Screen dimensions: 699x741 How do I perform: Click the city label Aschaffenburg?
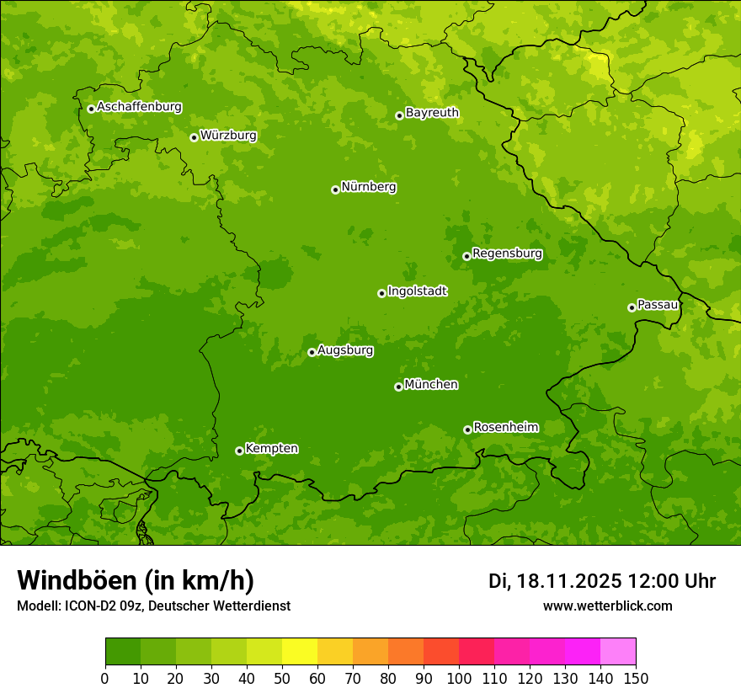(x=139, y=107)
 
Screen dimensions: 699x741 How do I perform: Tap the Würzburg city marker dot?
(x=194, y=137)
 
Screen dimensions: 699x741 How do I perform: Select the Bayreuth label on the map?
(x=432, y=113)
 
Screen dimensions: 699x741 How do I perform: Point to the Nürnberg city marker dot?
(x=335, y=189)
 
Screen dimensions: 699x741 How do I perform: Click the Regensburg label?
(x=507, y=253)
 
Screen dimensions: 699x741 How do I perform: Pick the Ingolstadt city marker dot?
(x=381, y=293)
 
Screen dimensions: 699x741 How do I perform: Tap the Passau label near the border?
(x=658, y=305)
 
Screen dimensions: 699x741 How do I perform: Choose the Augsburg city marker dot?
(x=312, y=352)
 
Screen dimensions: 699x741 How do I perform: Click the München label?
(x=431, y=385)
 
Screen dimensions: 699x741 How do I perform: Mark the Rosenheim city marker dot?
(x=467, y=430)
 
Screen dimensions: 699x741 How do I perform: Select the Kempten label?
(x=271, y=449)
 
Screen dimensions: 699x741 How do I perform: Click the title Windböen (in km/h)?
(x=135, y=581)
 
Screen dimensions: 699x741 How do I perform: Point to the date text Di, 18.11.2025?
(x=555, y=581)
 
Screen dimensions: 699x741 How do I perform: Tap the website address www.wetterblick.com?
(x=607, y=606)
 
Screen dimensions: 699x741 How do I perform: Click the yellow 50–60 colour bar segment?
(x=300, y=652)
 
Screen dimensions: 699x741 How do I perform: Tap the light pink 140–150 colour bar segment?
(x=618, y=652)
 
